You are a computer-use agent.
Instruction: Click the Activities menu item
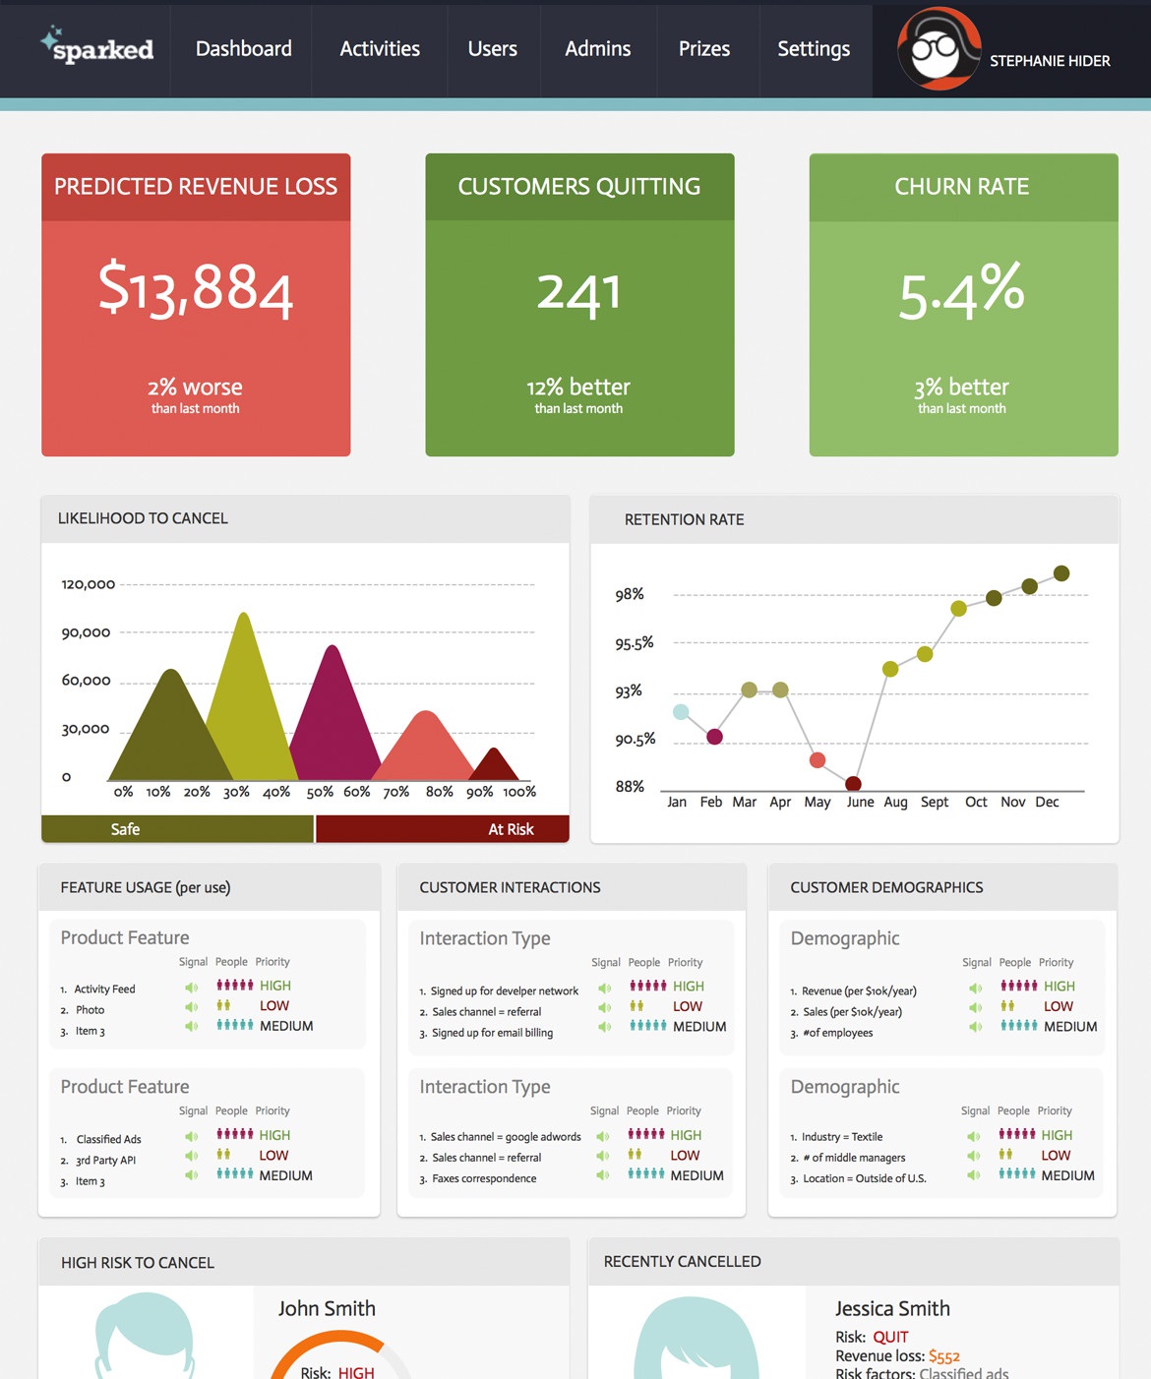pyautogui.click(x=380, y=49)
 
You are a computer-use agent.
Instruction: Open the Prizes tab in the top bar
pyautogui.click(x=704, y=49)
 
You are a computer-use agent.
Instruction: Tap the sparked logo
pyautogui.click(x=97, y=47)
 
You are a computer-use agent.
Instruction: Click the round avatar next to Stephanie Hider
pyautogui.click(x=939, y=49)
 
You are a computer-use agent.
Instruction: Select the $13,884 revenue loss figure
pyautogui.click(x=196, y=289)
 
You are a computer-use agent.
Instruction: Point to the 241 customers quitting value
pyautogui.click(x=579, y=292)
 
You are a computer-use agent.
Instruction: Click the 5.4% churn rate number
pyautogui.click(x=962, y=291)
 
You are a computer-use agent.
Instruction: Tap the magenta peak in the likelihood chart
pyautogui.click(x=333, y=708)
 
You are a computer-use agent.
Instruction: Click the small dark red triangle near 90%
pyautogui.click(x=495, y=765)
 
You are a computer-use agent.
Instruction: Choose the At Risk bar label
pyautogui.click(x=511, y=829)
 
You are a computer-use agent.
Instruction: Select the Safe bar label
pyautogui.click(x=125, y=829)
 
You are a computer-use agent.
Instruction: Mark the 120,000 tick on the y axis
pyautogui.click(x=89, y=584)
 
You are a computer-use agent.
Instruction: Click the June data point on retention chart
pyautogui.click(x=854, y=784)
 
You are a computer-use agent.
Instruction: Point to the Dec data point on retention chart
pyautogui.click(x=1061, y=573)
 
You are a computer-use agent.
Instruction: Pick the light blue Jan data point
pyautogui.click(x=681, y=712)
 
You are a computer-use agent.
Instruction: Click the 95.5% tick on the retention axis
pyautogui.click(x=635, y=643)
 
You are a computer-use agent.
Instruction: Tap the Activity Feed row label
pyautogui.click(x=104, y=989)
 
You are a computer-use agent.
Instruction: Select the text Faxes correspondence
pyautogui.click(x=484, y=1178)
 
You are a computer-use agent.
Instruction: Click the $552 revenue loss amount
pyautogui.click(x=943, y=1356)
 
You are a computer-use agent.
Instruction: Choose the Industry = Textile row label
pyautogui.click(x=842, y=1137)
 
